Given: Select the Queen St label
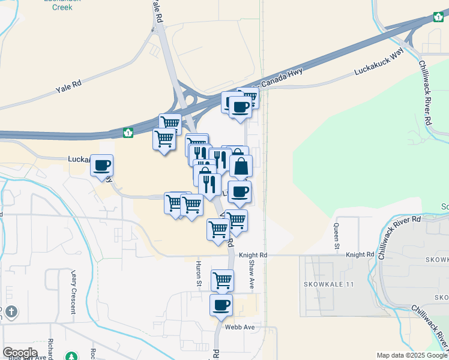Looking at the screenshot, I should [337, 234].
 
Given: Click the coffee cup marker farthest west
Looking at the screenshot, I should [102, 165].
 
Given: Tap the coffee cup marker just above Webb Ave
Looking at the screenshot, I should [221, 305].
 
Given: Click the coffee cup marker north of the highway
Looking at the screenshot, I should [241, 108].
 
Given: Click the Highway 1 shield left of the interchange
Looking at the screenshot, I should [128, 132].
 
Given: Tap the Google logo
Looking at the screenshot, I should [20, 353].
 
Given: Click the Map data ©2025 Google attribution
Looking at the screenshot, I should [412, 355].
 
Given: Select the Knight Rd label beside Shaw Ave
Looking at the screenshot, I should [253, 255].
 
